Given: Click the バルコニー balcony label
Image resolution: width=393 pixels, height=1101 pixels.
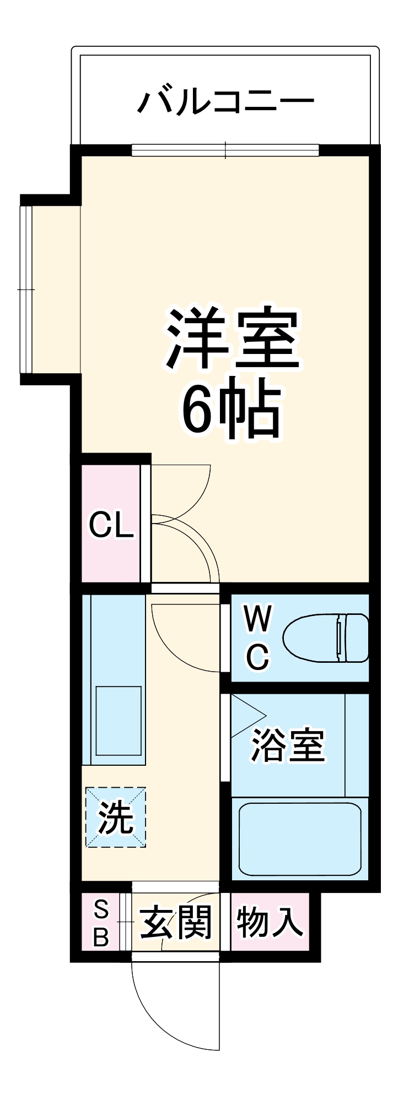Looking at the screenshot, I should [225, 102].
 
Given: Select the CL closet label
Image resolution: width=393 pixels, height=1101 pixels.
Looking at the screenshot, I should [111, 525].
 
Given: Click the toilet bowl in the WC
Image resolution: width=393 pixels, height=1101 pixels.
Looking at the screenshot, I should [311, 637].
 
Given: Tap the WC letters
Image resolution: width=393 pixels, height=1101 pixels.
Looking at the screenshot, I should [257, 637].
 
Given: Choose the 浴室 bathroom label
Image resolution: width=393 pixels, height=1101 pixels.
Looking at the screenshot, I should [288, 746].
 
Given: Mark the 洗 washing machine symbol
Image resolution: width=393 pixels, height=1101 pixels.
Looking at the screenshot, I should [116, 817].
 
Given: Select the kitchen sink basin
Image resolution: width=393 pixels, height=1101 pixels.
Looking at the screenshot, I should [119, 721].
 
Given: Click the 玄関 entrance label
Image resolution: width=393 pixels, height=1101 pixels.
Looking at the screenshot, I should [176, 922].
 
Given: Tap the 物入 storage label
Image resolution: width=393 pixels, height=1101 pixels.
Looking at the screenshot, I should [270, 922].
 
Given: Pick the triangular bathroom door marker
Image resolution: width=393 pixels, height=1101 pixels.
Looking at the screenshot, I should [245, 716].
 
